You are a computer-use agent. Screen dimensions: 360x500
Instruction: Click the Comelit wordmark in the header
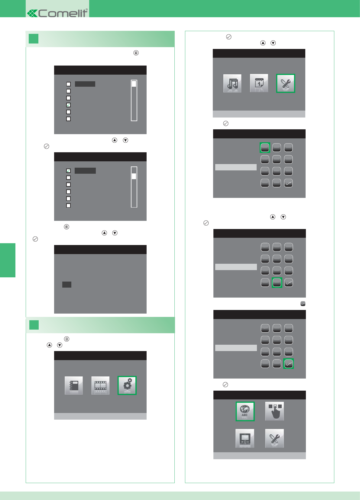[63, 13]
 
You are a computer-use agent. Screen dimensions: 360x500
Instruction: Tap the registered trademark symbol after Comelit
[87, 10]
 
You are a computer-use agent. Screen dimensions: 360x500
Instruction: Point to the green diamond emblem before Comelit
[32, 13]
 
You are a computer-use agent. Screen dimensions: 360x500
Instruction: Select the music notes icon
[232, 83]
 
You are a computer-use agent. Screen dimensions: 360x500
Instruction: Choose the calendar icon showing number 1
[259, 83]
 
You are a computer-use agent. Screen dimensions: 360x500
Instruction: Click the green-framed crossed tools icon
[285, 83]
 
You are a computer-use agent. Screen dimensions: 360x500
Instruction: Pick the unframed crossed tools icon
[274, 438]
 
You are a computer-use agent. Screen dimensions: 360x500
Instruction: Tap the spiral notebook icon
[74, 385]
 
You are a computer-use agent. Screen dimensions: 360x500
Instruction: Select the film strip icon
[100, 385]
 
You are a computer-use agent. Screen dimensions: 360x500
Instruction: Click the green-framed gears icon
[127, 385]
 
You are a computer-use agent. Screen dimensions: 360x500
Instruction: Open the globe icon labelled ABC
[245, 411]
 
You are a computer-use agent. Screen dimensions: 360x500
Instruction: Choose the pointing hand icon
[274, 411]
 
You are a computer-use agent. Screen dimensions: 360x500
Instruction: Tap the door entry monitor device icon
[245, 438]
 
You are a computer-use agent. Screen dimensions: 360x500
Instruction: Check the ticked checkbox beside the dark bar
[68, 171]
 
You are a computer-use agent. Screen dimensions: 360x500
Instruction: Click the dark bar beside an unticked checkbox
[85, 84]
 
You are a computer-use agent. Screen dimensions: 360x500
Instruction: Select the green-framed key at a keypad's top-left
[265, 147]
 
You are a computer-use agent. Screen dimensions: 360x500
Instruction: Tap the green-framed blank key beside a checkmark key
[277, 282]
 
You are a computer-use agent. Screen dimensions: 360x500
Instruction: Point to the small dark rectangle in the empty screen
[67, 285]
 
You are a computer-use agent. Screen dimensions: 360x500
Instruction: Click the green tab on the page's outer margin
[8, 260]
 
